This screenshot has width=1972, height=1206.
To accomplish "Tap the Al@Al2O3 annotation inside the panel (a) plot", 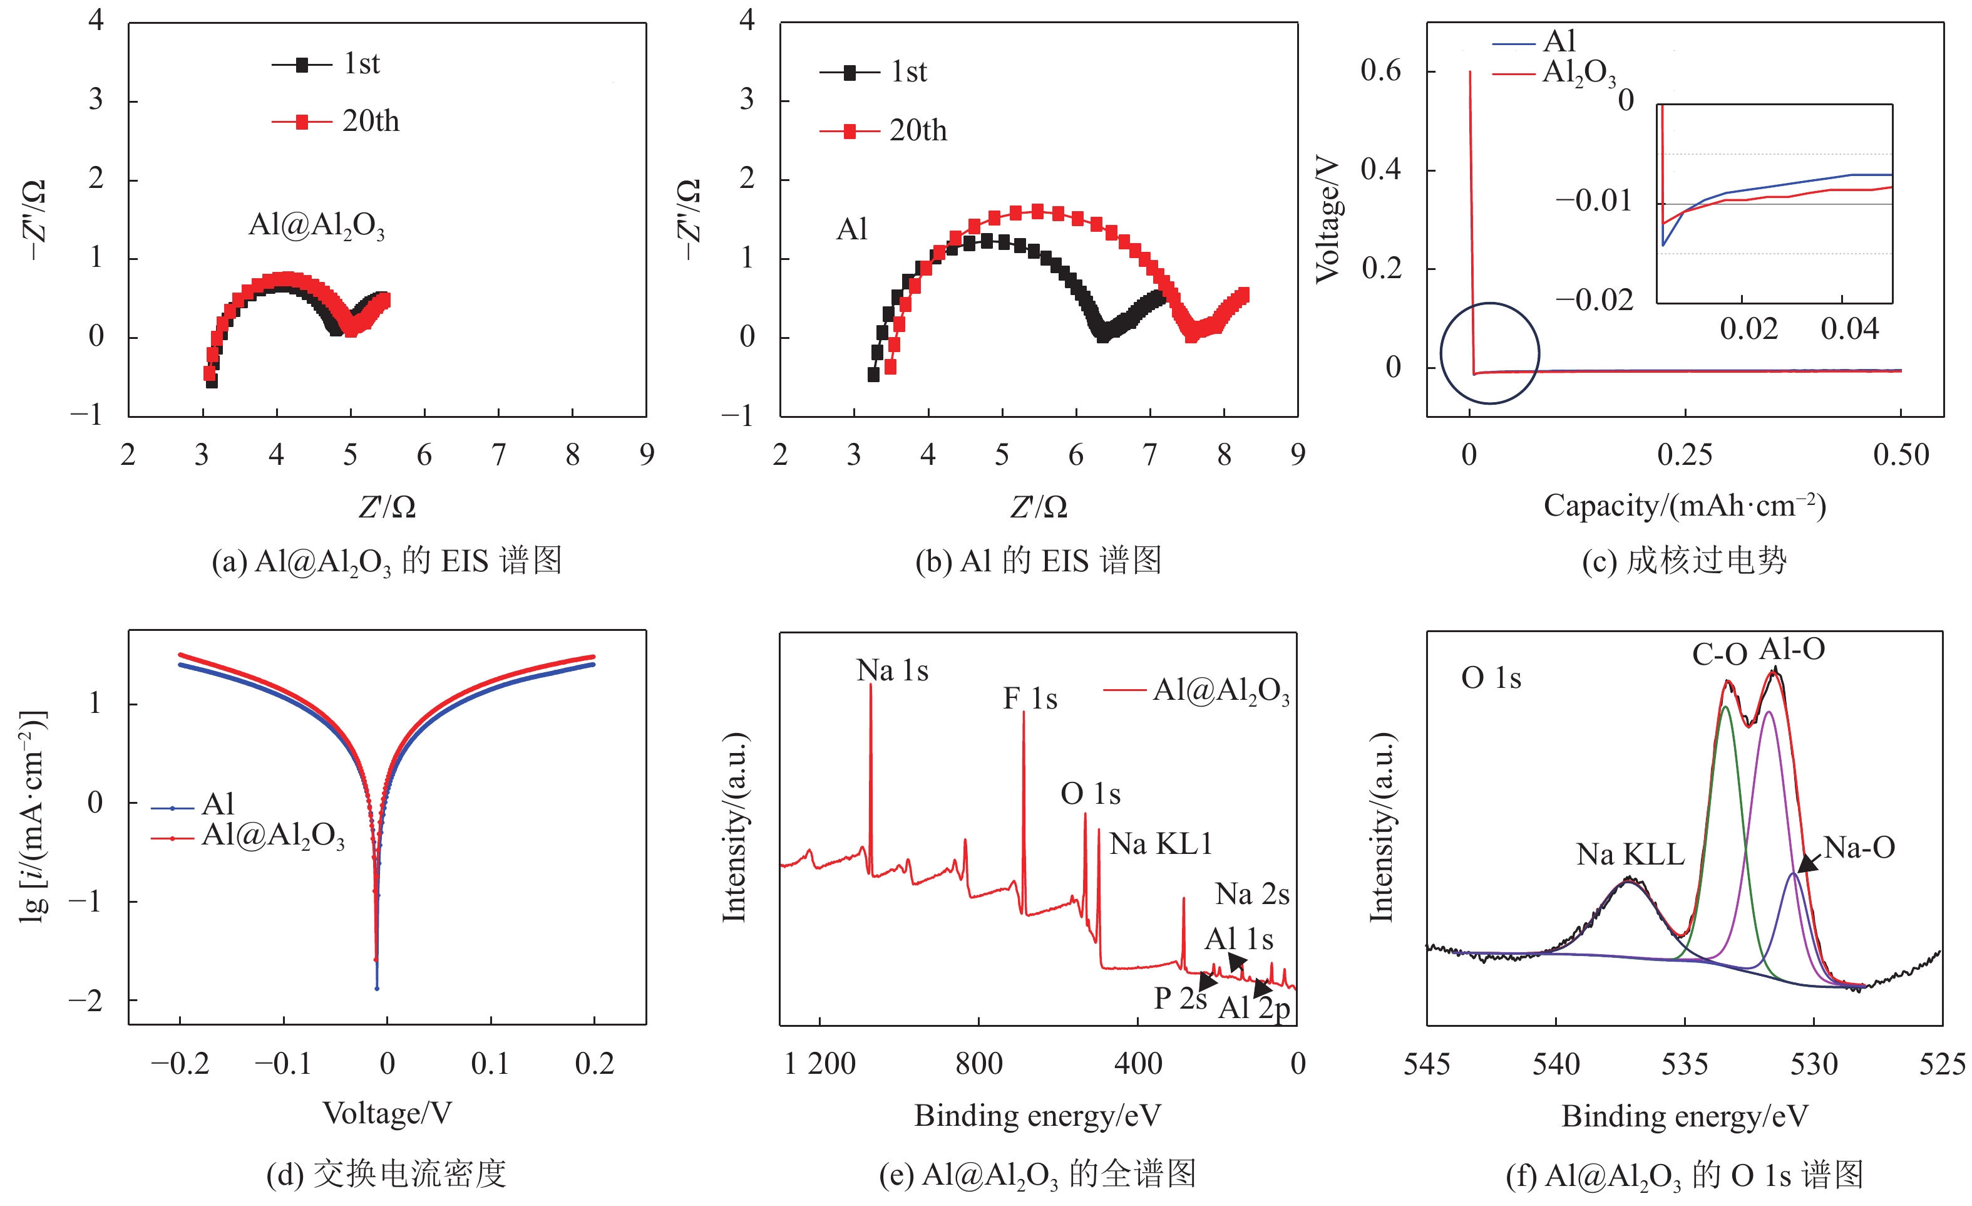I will pyautogui.click(x=316, y=226).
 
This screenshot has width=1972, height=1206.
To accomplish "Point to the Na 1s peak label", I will pyautogui.click(x=891, y=671).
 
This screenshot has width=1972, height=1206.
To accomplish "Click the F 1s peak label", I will pyautogui.click(x=1029, y=699).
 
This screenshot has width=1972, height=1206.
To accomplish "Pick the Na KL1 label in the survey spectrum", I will pyautogui.click(x=1161, y=844).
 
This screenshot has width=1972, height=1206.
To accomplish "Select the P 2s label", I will pyautogui.click(x=1179, y=999).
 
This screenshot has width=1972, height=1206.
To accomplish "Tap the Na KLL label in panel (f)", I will pyautogui.click(x=1630, y=855).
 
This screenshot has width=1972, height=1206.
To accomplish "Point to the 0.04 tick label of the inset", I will pyautogui.click(x=1849, y=329).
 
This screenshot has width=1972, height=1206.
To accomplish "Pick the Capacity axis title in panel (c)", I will pyautogui.click(x=1684, y=506).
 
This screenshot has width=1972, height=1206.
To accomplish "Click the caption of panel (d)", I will pyautogui.click(x=386, y=1174).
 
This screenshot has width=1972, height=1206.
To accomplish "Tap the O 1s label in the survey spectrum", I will pyautogui.click(x=1090, y=794).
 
